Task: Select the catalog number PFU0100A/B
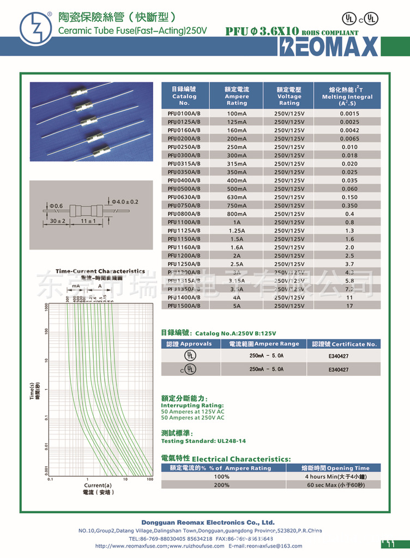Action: point(184,113)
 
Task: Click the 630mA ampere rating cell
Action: point(237,197)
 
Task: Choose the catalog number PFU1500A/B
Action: point(184,306)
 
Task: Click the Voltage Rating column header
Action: point(289,96)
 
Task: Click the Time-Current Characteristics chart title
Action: point(100,271)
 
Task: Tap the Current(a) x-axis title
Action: point(98,485)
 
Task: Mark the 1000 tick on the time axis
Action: point(46,306)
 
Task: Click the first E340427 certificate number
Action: point(338,356)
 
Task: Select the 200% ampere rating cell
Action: point(221,485)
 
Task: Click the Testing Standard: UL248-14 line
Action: point(203,441)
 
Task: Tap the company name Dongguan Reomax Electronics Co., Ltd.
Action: point(208,522)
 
